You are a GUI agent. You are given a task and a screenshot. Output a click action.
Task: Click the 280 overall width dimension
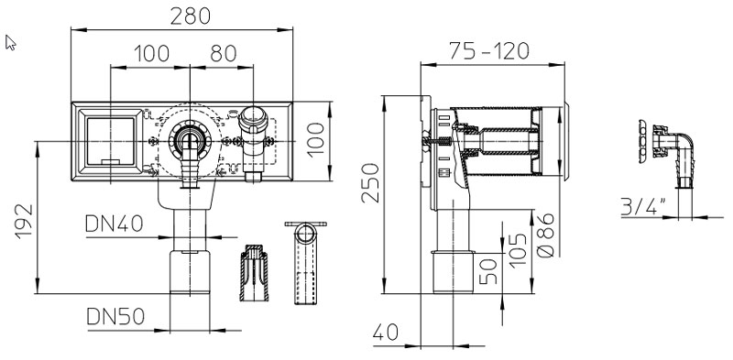coord(191,16)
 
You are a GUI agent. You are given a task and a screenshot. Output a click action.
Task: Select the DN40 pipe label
coord(114,224)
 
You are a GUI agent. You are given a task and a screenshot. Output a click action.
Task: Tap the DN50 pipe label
coord(115,317)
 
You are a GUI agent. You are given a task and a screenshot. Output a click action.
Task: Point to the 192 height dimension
coord(25,221)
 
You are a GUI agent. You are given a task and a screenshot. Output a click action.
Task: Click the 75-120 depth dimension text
coord(489,51)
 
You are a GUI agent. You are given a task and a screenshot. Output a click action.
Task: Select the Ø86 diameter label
coord(545,235)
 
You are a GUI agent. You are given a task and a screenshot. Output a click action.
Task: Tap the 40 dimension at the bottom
coord(386,333)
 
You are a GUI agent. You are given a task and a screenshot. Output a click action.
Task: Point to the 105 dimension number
coord(518,250)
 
